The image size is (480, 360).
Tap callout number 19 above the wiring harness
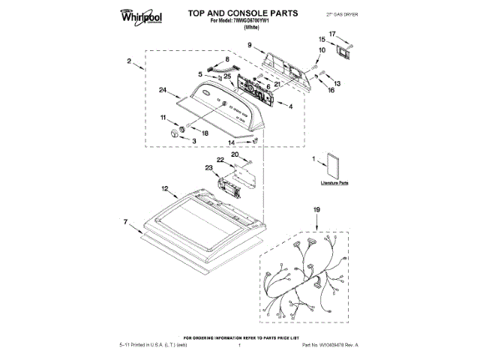click(316, 210)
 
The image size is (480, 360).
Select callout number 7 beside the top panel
click(127, 223)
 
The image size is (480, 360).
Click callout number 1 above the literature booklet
click(314, 159)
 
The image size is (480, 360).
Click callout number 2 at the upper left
click(130, 61)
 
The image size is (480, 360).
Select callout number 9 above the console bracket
click(249, 46)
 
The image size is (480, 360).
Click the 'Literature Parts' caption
click(335, 183)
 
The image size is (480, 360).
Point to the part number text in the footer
click(330, 343)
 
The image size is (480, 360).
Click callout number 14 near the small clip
click(232, 141)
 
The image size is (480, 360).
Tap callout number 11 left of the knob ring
click(163, 118)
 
